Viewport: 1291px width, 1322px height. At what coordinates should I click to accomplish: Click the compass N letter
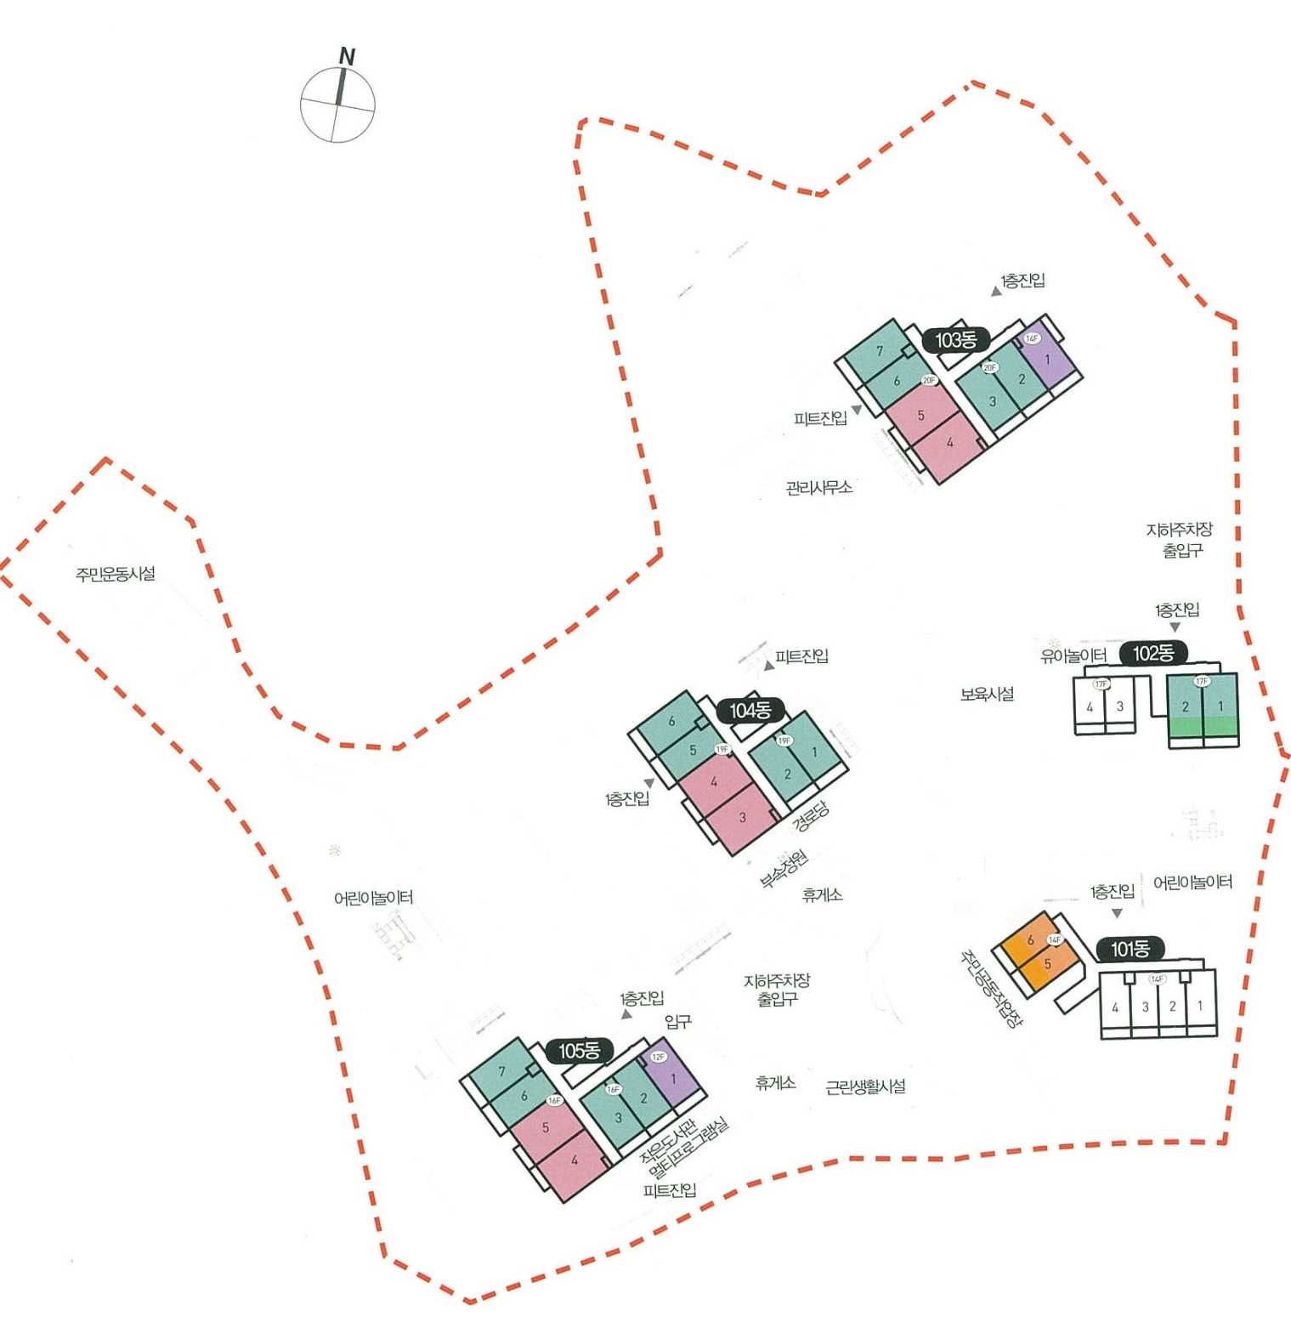tap(347, 57)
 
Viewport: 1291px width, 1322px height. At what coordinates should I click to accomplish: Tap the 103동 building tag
tap(955, 341)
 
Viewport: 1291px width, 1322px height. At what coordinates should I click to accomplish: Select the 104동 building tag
tap(750, 711)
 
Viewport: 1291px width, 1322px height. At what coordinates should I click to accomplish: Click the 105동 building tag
tap(579, 1052)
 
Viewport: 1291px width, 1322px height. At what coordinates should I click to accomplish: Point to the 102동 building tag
tap(1153, 653)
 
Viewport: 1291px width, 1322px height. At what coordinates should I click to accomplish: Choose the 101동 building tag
tap(1130, 949)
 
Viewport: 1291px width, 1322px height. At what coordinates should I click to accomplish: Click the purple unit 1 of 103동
tap(1046, 360)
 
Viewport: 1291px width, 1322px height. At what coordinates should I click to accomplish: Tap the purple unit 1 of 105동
tap(674, 1079)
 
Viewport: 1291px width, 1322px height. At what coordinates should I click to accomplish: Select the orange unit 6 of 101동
tap(1029, 940)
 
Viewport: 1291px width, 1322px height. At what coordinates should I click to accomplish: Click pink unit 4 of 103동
tap(949, 443)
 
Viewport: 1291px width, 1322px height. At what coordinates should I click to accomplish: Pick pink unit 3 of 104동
tap(742, 818)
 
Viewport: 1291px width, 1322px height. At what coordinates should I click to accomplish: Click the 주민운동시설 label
tap(116, 574)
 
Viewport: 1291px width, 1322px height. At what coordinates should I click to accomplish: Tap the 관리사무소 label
tap(818, 487)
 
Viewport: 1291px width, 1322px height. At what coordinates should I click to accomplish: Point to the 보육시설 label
tap(987, 694)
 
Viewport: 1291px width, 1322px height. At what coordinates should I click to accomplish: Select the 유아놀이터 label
tap(1073, 655)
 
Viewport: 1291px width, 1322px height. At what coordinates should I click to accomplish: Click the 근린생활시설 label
tap(865, 1087)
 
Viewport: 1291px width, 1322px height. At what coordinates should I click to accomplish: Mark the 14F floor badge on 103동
tap(1032, 338)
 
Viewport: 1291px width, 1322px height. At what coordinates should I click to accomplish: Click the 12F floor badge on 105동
tap(658, 1057)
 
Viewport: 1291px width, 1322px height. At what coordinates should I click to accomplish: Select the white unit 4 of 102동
tap(1090, 706)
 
